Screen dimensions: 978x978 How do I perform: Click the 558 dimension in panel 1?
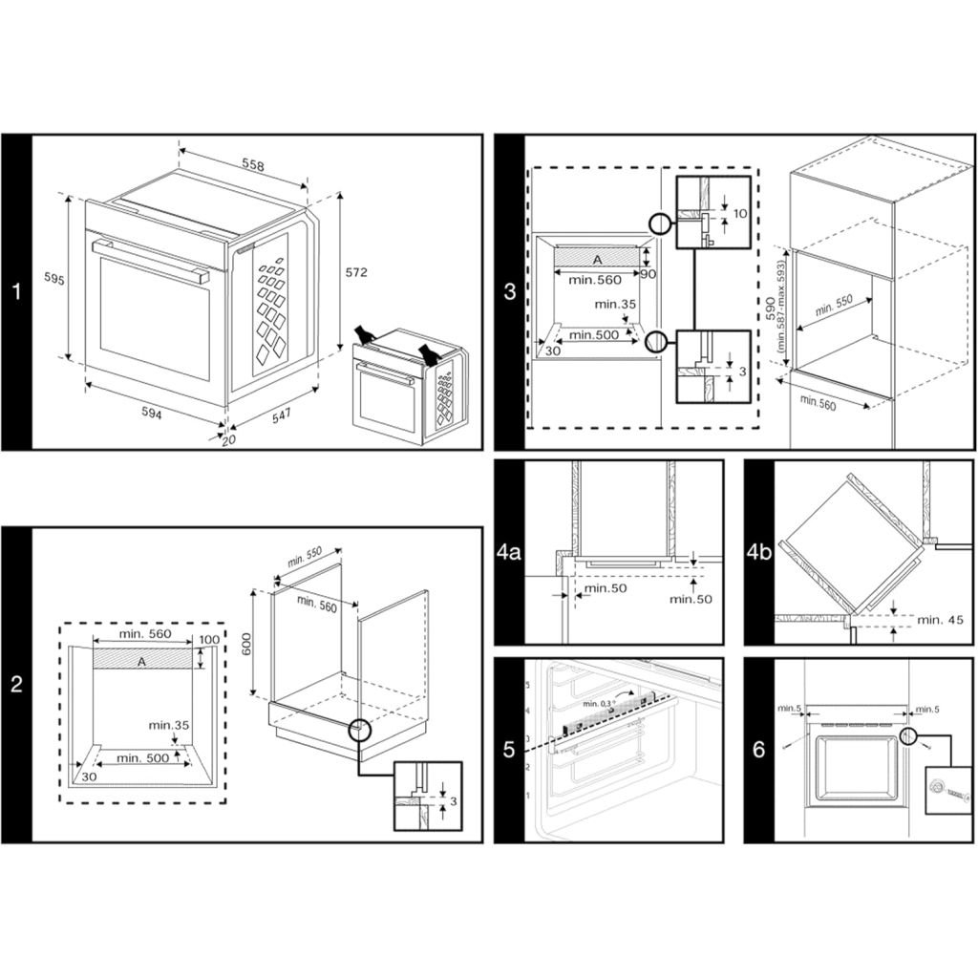pos(252,165)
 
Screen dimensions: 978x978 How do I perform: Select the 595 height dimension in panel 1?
pos(54,279)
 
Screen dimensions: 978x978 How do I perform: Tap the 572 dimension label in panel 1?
pos(355,272)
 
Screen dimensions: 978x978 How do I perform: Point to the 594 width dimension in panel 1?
pos(151,414)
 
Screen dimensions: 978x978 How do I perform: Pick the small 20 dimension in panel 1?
pos(227,440)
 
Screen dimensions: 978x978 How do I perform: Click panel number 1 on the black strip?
pos(15,291)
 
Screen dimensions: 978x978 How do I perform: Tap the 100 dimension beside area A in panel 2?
pos(209,639)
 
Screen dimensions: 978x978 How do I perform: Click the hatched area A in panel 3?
pos(598,259)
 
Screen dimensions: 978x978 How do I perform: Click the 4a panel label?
pos(509,552)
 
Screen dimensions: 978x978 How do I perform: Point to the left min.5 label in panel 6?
pos(789,708)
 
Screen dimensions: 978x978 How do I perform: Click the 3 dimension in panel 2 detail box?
pos(452,800)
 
